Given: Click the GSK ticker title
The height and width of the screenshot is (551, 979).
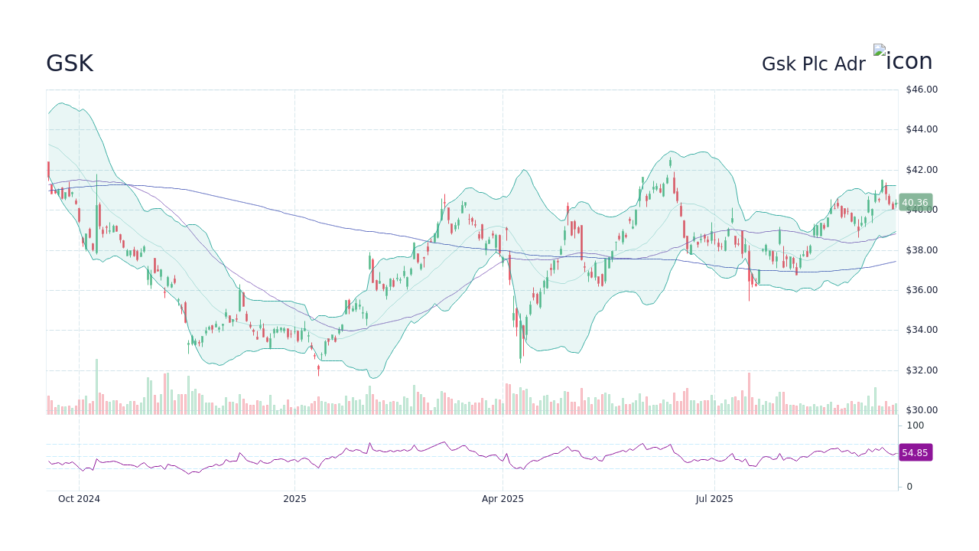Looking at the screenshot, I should point(70,64).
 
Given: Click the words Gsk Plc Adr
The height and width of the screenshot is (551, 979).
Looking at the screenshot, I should point(813,64).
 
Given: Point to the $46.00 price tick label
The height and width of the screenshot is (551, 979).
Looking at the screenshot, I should point(921,90).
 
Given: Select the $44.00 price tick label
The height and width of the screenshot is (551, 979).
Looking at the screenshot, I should point(921,129).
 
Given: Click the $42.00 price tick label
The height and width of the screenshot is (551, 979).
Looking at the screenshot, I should point(921,170).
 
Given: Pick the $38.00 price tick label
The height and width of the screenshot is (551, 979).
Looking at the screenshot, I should point(921,250).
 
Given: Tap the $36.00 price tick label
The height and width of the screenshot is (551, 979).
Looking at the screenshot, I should point(921,290).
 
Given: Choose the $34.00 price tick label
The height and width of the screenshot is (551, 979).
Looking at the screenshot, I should point(921,330).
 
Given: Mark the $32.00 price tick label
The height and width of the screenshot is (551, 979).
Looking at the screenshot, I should point(921,370).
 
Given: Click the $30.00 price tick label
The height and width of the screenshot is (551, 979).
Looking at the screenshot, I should point(921,410).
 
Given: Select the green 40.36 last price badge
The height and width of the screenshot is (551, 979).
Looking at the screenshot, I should point(915,203).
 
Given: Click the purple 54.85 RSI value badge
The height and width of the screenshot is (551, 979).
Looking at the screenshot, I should point(915,453).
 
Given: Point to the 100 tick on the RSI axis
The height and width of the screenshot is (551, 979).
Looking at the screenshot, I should point(916,425).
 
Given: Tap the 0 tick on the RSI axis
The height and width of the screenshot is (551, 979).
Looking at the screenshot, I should point(909,487).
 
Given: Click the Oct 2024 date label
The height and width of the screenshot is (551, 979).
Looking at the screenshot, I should point(79,499).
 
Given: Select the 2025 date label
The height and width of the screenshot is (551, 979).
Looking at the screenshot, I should point(294,499).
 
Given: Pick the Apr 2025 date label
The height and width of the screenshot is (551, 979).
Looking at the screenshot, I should point(503,499).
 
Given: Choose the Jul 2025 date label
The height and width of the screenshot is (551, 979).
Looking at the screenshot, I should point(714,499).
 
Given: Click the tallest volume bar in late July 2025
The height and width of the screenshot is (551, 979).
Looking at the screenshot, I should point(749,393).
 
